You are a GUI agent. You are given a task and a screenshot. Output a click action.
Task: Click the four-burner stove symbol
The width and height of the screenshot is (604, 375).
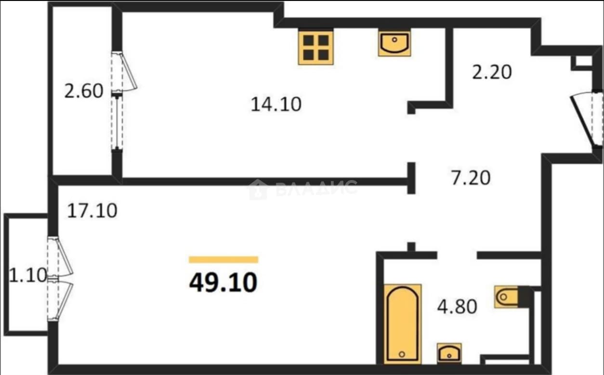point(316,48)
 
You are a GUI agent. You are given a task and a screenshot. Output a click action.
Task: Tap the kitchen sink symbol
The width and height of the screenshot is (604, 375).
point(394,44)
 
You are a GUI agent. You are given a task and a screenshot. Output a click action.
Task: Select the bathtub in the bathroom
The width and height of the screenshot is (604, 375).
point(403,324)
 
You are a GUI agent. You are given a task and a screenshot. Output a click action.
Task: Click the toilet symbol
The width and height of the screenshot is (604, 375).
point(506,297)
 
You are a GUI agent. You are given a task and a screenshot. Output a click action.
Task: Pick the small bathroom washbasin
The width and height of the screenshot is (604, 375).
point(449,353)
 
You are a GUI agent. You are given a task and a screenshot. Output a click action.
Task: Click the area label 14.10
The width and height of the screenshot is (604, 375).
point(276,104)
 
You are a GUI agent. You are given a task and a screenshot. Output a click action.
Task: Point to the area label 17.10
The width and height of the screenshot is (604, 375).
point(92,211)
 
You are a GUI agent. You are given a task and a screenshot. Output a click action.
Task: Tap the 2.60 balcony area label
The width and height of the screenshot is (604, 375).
point(84,91)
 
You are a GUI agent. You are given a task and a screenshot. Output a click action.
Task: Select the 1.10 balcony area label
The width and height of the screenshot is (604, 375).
point(28,275)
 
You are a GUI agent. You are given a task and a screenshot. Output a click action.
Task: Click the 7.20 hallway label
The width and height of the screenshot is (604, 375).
point(471,178)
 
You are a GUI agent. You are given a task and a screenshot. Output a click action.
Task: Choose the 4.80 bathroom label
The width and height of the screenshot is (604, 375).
point(457,307)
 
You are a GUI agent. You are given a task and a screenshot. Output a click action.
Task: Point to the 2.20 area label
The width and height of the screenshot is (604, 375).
point(492,72)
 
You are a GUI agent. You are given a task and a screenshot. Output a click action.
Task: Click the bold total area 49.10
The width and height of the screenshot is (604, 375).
point(223,282)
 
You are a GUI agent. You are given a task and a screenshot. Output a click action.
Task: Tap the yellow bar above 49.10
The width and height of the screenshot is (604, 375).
point(223,259)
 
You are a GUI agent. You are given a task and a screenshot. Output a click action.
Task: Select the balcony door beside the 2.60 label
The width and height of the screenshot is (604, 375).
point(124,72)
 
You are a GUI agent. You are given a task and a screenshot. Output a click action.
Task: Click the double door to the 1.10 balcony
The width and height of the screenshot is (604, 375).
point(60,279)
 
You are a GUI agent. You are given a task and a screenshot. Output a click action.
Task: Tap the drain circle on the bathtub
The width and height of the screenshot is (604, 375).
point(402,354)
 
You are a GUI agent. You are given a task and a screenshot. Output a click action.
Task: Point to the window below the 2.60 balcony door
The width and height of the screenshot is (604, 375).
point(117,123)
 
